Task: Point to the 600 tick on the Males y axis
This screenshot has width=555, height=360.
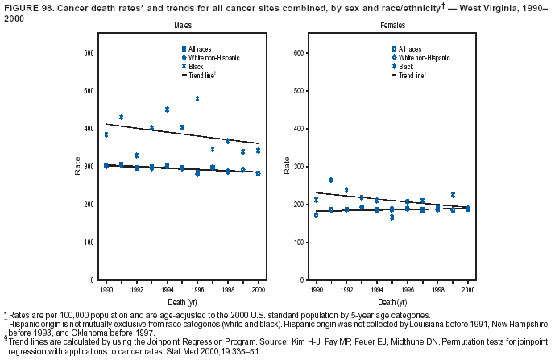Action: (90, 53)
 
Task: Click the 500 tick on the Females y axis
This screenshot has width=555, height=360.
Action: (300, 91)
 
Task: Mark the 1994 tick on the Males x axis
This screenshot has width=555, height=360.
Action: (167, 288)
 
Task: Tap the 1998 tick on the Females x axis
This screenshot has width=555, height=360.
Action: (437, 288)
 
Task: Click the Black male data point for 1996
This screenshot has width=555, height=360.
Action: (197, 99)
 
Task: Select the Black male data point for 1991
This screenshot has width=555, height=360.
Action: (122, 118)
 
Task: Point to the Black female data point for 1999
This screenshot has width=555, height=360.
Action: (453, 195)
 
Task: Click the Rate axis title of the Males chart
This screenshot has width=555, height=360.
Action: (77, 167)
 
